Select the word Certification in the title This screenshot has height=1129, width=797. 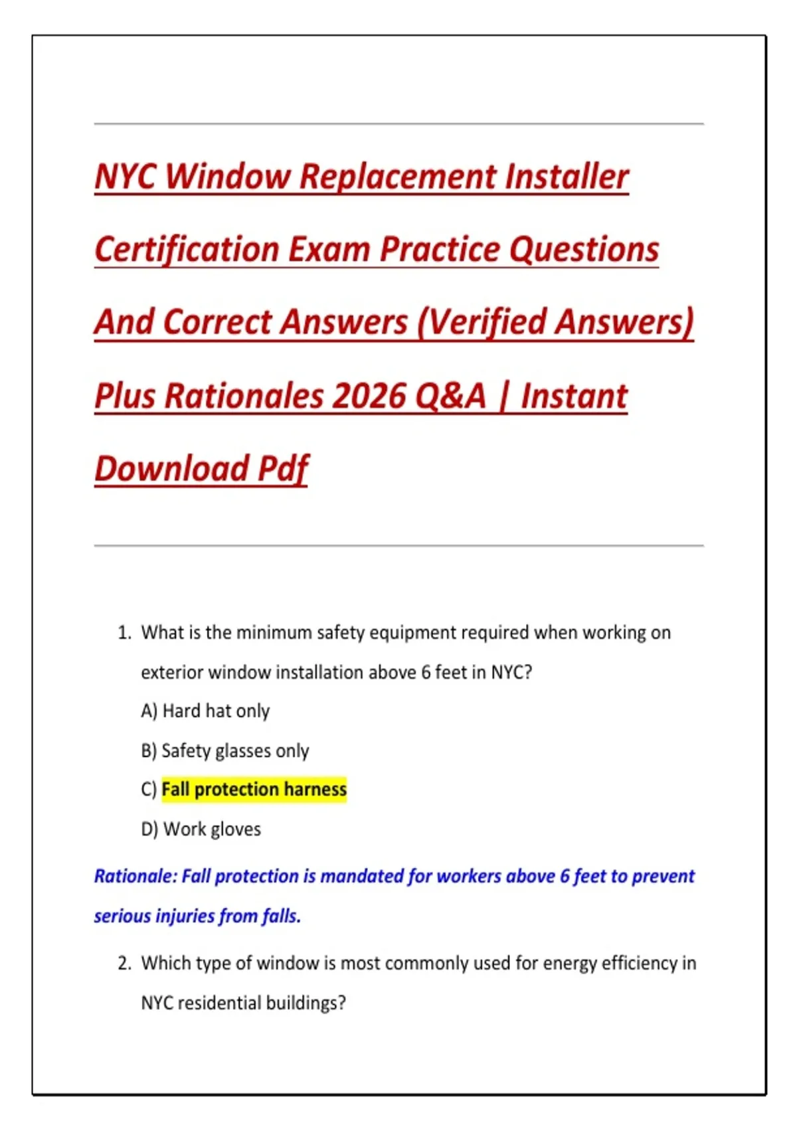click(186, 250)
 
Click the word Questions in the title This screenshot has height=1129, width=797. click(584, 250)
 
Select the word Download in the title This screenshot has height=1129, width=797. click(171, 469)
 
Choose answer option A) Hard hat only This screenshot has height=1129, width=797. click(205, 711)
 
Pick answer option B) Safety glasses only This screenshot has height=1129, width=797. click(225, 751)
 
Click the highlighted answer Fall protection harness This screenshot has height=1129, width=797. click(254, 790)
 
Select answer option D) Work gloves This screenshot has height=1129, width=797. click(201, 829)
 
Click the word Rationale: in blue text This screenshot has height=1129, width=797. click(135, 877)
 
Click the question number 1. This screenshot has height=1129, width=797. click(124, 633)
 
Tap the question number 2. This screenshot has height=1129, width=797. click(124, 964)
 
